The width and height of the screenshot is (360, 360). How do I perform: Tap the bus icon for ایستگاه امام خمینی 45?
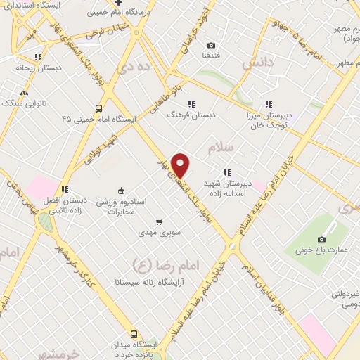pos(99,109)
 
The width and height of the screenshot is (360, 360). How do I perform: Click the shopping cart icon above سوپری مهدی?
pos(160,220)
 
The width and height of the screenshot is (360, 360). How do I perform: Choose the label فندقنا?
pos(212,54)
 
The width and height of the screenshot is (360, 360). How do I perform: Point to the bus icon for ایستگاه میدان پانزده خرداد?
pos(134,334)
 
